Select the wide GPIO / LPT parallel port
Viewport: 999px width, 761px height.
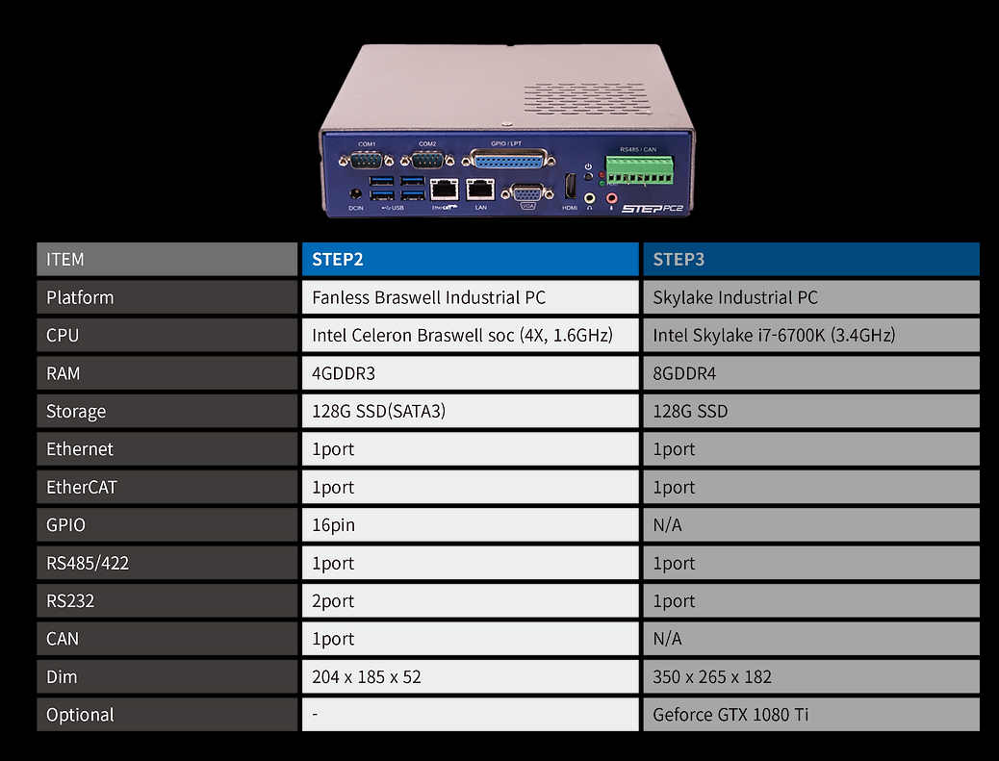click(510, 163)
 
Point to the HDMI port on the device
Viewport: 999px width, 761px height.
click(570, 187)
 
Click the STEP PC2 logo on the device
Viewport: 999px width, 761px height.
click(653, 207)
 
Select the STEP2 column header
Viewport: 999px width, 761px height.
click(470, 260)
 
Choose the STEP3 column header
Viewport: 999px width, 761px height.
click(810, 260)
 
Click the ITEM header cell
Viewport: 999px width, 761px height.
click(166, 260)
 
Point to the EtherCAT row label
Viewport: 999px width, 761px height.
click(166, 487)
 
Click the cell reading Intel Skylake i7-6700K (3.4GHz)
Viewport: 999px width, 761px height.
click(810, 336)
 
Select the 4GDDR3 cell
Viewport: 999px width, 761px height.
click(470, 373)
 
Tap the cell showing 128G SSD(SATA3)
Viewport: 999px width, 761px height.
click(470, 412)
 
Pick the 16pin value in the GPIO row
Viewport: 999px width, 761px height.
click(470, 525)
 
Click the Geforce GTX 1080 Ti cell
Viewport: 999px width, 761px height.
click(810, 715)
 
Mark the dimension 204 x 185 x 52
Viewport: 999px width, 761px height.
click(470, 676)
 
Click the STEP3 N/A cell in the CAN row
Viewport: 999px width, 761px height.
click(810, 639)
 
